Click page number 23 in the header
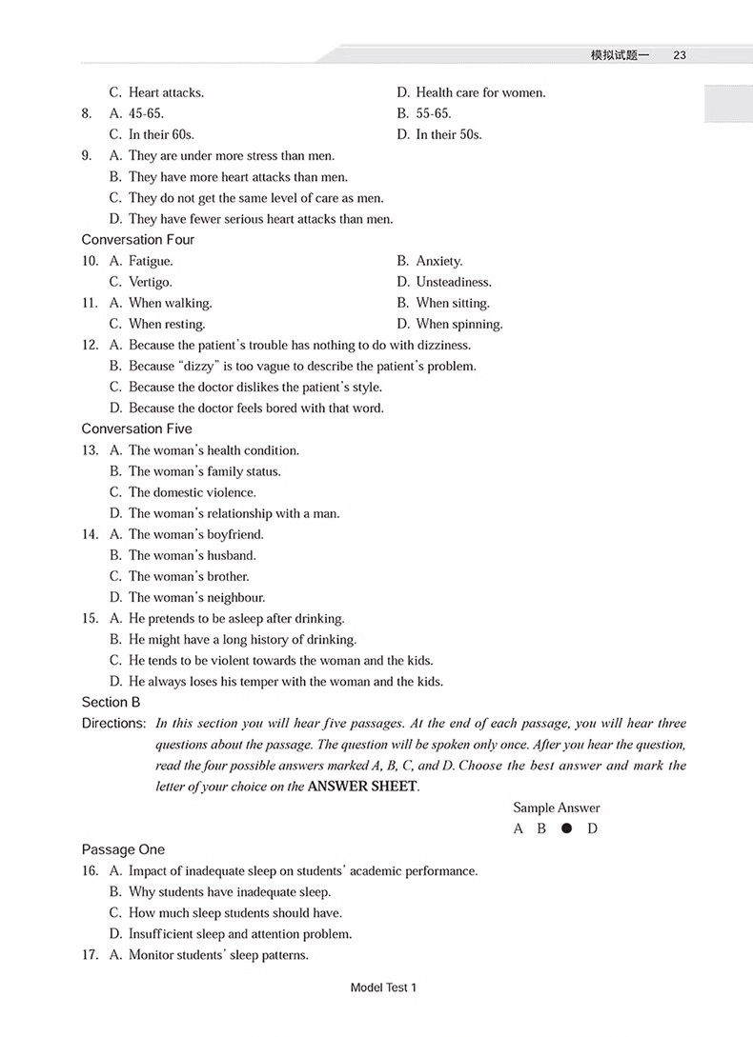pos(680,55)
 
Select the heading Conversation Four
pos(137,240)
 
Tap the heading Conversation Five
pos(136,429)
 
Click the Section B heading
pos(111,702)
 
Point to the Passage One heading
pos(123,849)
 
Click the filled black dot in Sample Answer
pos(567,828)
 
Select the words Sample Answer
pos(557,808)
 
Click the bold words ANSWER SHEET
pos(362,787)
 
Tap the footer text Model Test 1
pos(384,987)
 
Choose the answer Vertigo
pos(150,282)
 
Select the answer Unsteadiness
pos(453,282)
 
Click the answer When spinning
pos(458,324)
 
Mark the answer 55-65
pos(433,113)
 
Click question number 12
pos(90,345)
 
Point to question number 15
pos(90,618)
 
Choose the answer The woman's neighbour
pos(196,597)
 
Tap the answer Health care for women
pos(480,92)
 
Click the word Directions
pos(112,723)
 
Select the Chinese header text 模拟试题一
pos(620,55)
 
